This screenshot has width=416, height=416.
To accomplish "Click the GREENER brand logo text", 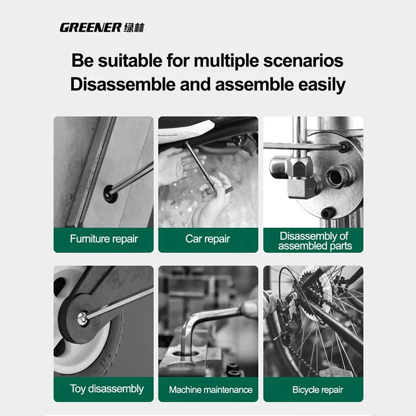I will pyautogui.click(x=90, y=28).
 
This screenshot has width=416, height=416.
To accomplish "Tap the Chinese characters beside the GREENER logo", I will pyautogui.click(x=134, y=28).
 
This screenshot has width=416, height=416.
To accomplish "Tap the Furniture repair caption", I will pyautogui.click(x=104, y=239).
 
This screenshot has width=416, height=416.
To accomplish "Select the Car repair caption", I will pyautogui.click(x=208, y=239).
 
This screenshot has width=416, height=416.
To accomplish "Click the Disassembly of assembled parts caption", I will pyautogui.click(x=314, y=241).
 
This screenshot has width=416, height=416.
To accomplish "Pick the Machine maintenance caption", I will pyautogui.click(x=211, y=389).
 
